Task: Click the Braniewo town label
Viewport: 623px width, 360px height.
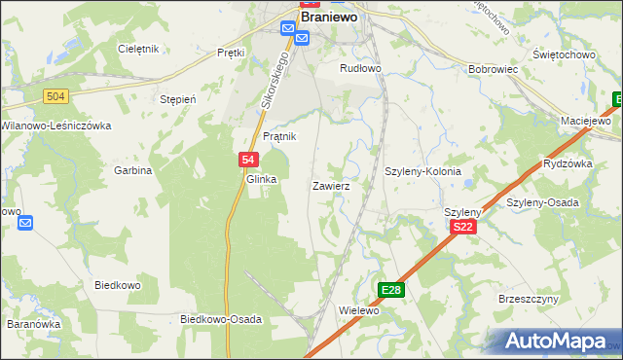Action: [332, 17]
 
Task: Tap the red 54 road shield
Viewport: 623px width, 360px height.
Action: [247, 161]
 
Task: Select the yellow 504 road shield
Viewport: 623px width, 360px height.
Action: [55, 94]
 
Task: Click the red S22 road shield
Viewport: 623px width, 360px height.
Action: [463, 227]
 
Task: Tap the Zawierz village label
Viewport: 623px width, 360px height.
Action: [331, 184]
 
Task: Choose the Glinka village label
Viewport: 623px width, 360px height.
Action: [262, 179]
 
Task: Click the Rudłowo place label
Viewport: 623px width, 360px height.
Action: [359, 68]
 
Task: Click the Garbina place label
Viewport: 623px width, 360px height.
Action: [134, 170]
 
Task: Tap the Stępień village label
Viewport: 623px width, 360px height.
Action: [178, 99]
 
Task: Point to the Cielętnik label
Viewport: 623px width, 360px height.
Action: [137, 49]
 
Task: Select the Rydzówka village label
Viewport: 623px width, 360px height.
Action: [568, 163]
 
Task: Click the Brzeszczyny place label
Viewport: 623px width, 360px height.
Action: [526, 300]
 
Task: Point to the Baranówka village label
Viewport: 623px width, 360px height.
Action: [34, 324]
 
